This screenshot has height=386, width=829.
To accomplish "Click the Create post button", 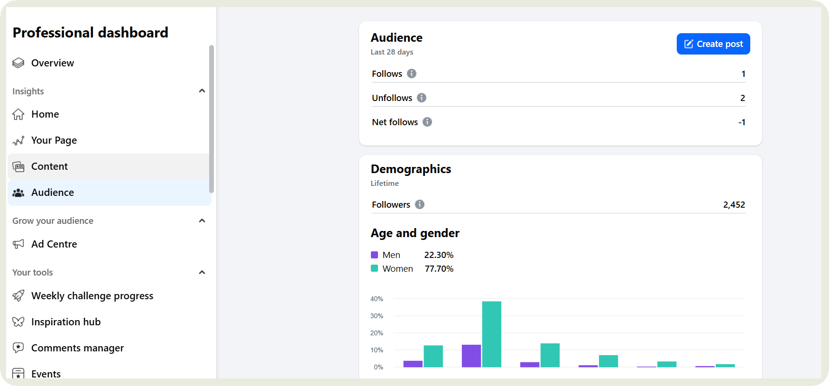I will tap(713, 44).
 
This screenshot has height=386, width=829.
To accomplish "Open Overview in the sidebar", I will tap(52, 63).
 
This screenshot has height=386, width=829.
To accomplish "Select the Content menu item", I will tap(49, 166).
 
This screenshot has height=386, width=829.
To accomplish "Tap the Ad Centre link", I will tap(54, 244).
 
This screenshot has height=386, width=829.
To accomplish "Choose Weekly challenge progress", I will tap(92, 296).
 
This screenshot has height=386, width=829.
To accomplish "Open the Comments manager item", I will tap(77, 348).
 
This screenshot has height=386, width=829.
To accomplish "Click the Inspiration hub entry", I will tap(65, 322).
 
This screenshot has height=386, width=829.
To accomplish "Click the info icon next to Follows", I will tap(412, 74).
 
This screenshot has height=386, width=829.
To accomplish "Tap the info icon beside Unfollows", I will tap(422, 98).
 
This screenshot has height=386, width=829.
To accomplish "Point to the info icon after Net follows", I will tap(427, 122).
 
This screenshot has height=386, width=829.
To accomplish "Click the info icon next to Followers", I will tap(420, 204).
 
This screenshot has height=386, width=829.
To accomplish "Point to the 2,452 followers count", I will tap(734, 205).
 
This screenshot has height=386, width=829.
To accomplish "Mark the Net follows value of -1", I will tap(742, 122).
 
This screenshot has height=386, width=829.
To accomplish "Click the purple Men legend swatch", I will tap(374, 255).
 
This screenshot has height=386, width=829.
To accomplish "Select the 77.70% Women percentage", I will tap(439, 269).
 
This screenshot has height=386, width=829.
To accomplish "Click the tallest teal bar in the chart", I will tap(491, 334).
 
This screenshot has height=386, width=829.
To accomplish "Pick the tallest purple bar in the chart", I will tap(471, 356).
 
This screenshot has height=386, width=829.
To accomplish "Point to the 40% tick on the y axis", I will tap(377, 299).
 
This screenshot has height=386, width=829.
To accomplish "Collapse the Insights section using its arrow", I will tap(202, 91).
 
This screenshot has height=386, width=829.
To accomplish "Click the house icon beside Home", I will tap(18, 114).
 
